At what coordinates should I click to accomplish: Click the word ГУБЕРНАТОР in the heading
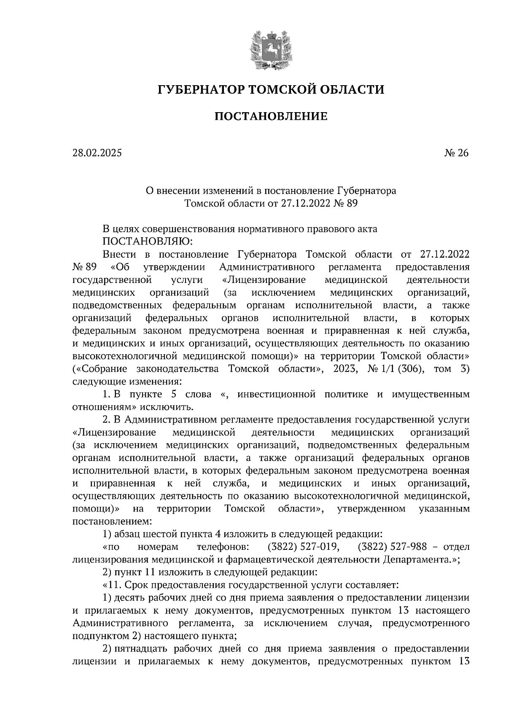pos(199,90)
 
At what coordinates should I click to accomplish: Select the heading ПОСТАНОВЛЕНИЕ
pos(271,116)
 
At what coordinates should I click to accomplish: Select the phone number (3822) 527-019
pos(304,547)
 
